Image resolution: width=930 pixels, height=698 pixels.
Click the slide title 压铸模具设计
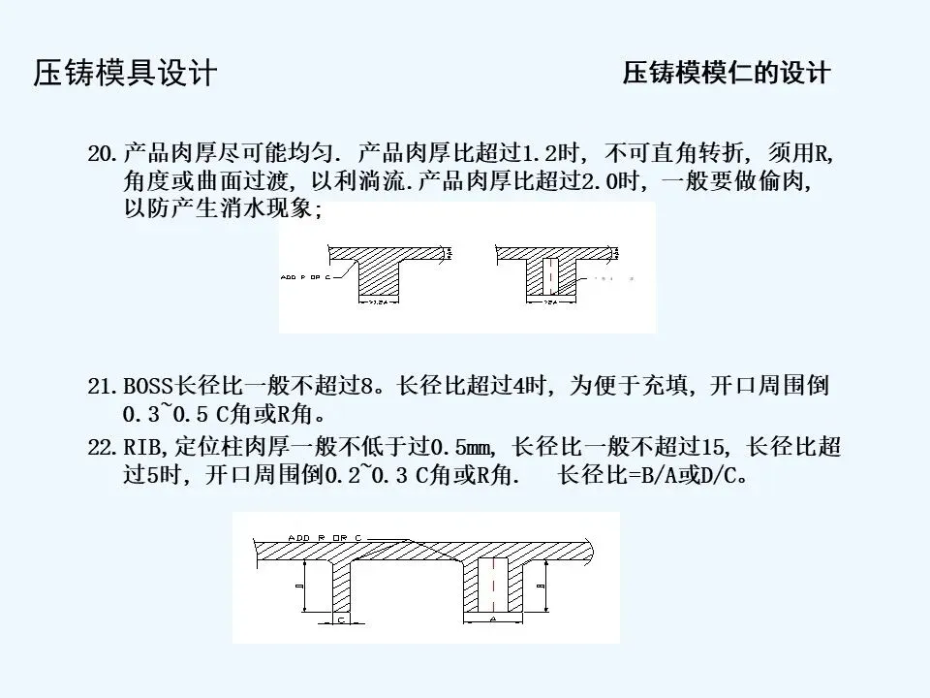[125, 74]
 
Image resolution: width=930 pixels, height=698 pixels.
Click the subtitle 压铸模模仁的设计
[727, 74]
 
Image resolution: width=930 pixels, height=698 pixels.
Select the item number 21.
[102, 388]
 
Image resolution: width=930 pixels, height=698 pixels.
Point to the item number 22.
[102, 448]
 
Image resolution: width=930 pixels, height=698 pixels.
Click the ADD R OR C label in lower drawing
[325, 536]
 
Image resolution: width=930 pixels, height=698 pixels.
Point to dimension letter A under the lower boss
[492, 617]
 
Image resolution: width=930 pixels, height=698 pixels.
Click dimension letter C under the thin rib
[341, 618]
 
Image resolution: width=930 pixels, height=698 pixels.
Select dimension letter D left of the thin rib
[301, 586]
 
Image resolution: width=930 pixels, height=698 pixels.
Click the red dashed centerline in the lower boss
[493, 582]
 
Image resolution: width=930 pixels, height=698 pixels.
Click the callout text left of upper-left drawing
[304, 276]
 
